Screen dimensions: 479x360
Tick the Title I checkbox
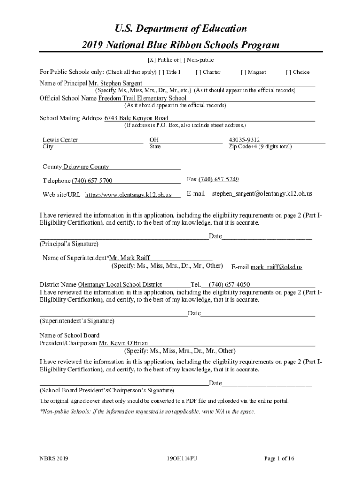161,72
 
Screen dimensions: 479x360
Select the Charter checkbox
198,72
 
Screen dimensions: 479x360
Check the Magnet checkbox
243,72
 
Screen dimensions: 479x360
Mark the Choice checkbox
288,72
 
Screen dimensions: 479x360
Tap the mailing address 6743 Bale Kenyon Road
136,118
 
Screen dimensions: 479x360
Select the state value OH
154,140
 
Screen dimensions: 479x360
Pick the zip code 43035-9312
245,140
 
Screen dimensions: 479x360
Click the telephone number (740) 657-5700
92,181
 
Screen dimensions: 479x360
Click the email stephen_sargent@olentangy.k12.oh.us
262,193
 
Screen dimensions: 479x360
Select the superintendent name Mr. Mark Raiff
130,258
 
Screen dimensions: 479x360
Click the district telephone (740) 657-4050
229,284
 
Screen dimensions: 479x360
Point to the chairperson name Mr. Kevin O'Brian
123,343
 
